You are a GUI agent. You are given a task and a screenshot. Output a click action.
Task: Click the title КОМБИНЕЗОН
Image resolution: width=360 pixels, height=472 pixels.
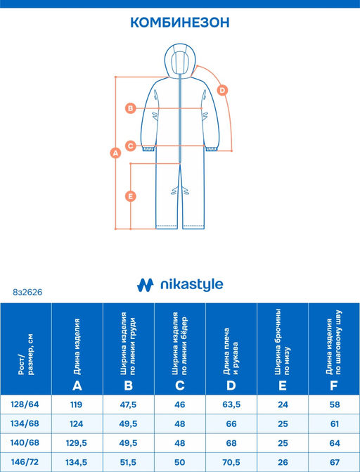tap(180, 23)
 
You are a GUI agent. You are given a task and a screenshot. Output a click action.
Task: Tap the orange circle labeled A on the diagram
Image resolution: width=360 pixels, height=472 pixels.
tap(115, 153)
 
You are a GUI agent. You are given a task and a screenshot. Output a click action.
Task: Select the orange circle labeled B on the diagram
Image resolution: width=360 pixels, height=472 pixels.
tap(131, 108)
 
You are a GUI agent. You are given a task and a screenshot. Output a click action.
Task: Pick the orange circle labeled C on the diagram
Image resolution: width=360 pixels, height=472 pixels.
tap(131, 146)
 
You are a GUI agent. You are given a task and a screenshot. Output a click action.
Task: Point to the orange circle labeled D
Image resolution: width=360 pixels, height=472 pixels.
tap(222, 90)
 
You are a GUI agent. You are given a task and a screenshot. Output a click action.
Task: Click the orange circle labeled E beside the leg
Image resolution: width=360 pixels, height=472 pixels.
tap(131, 196)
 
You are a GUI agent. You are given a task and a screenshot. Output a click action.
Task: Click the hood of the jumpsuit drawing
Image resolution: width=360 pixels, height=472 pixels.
tap(180, 60)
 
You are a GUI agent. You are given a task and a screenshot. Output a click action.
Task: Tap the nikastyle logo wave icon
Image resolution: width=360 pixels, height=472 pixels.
tap(145, 285)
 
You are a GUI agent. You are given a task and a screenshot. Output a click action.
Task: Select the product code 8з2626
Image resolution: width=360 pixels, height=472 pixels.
tap(27, 292)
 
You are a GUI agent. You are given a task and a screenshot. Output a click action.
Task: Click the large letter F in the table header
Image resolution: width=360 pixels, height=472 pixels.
tap(333, 385)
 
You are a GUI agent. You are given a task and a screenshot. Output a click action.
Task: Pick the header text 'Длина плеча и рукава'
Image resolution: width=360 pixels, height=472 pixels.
tap(231, 351)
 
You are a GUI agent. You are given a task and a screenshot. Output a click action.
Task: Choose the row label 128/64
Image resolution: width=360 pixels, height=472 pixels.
tap(25, 404)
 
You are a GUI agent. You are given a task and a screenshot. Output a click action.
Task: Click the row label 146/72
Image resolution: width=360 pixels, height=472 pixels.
tap(25, 461)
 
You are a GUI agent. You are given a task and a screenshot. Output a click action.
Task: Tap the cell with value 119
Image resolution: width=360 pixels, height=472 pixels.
tap(77, 404)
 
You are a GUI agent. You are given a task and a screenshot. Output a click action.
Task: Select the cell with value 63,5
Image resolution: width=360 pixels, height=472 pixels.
tap(231, 404)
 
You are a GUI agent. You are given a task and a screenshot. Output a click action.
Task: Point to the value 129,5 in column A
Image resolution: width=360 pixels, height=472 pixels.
tap(77, 443)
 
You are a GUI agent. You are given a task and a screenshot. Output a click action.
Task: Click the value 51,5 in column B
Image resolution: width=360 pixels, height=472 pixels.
tap(128, 462)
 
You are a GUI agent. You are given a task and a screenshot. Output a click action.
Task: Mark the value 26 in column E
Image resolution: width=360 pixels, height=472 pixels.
tap(283, 462)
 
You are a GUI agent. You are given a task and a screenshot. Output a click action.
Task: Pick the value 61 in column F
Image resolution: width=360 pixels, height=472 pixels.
tap(334, 424)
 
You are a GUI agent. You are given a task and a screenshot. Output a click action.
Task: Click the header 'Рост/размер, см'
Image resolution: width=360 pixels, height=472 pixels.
tap(26, 354)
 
